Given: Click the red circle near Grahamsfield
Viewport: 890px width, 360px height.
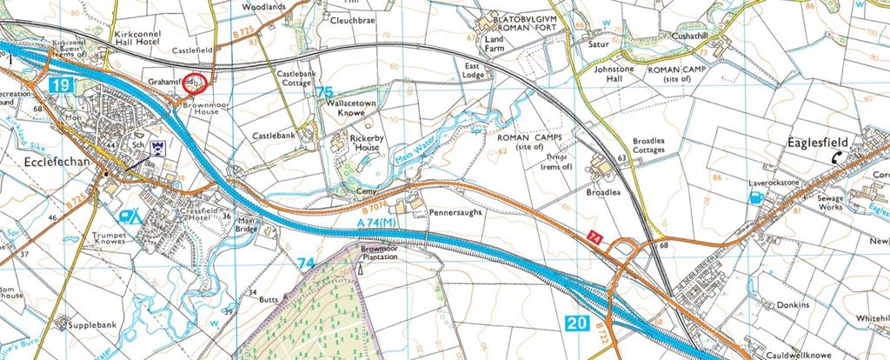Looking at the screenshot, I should [197, 82].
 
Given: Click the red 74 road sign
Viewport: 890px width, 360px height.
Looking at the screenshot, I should [594, 237].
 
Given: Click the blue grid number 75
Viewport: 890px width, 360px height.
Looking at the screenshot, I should [325, 92].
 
